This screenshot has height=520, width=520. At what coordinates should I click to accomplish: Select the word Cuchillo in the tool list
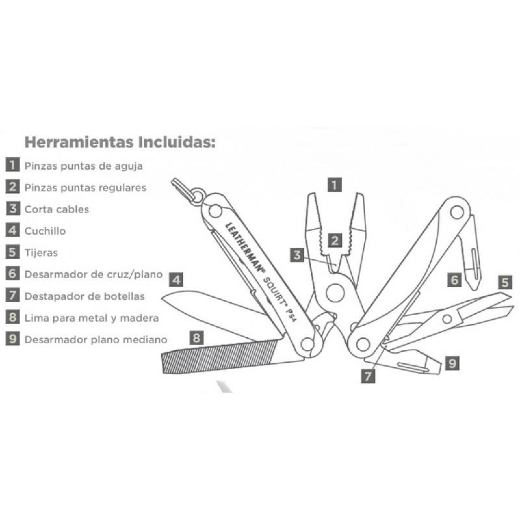(45, 231)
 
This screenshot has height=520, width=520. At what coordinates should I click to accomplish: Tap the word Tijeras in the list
(41, 253)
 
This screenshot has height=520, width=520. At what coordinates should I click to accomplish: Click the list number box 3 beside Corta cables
(12, 209)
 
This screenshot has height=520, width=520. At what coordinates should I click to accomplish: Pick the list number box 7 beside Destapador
(12, 296)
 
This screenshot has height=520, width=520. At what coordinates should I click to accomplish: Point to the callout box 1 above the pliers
(334, 185)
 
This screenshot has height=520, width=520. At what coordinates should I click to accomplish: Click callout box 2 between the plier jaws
(335, 241)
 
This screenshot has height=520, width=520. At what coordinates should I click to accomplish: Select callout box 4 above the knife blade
(176, 280)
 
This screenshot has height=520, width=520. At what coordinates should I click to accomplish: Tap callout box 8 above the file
(197, 338)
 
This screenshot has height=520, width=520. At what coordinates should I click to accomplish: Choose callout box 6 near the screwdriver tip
(454, 279)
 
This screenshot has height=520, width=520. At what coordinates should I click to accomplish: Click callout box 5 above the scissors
(505, 282)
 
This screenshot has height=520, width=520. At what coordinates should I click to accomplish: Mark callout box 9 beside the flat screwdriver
(452, 363)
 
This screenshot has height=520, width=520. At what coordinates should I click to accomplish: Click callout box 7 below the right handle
(368, 376)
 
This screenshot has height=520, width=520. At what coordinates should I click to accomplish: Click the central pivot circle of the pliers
(335, 292)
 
